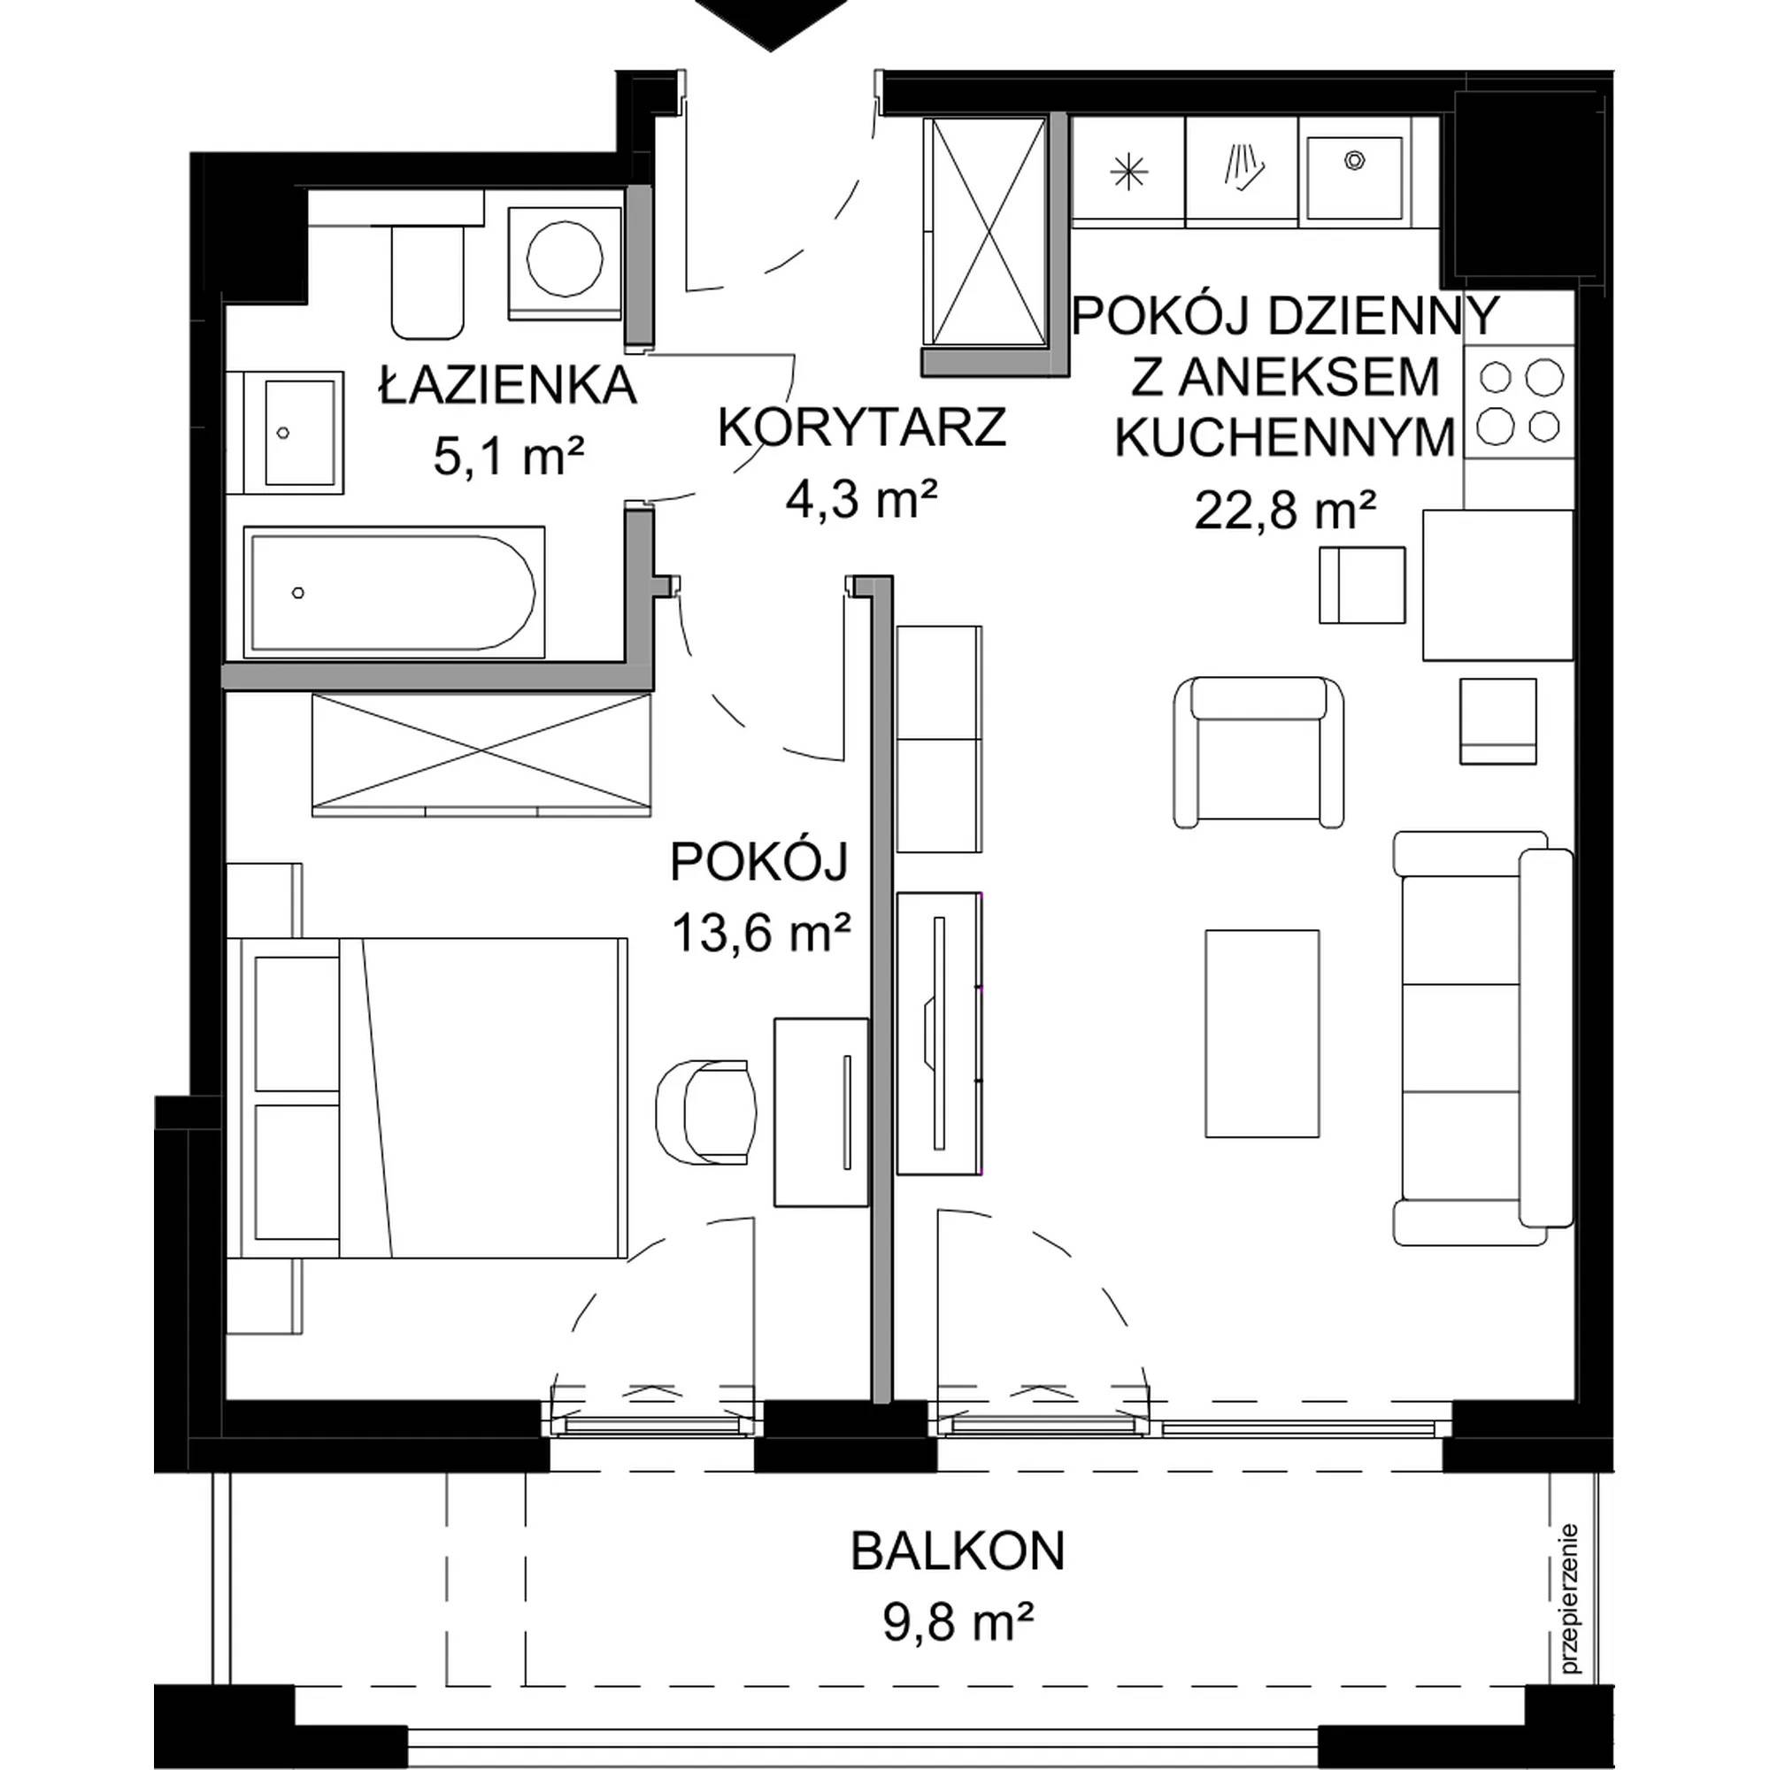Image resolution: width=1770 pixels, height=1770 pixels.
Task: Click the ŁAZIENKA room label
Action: click(x=509, y=386)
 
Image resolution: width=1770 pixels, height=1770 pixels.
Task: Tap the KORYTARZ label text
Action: click(x=862, y=427)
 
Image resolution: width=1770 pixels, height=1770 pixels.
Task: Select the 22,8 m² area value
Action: click(x=1285, y=510)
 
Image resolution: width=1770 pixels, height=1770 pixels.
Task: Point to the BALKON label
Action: click(x=958, y=1551)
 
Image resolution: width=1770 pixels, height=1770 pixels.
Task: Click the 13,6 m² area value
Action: click(x=762, y=933)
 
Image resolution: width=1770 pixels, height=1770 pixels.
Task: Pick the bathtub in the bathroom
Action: click(x=394, y=593)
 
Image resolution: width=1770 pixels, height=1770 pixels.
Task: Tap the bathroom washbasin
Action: click(x=286, y=433)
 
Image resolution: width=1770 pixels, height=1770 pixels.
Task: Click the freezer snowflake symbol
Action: click(x=1128, y=172)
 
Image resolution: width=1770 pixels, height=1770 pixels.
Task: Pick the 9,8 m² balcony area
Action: click(x=958, y=1623)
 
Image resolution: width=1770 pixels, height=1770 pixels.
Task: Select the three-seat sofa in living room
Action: click(x=1483, y=1037)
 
